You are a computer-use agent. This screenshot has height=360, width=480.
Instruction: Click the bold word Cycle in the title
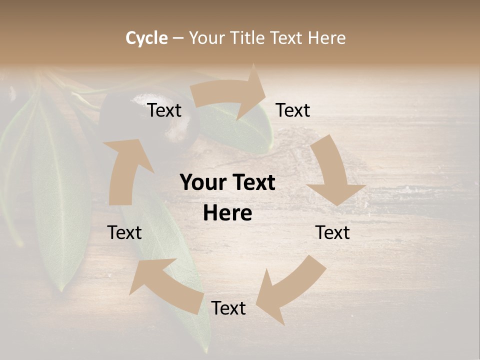click(x=146, y=38)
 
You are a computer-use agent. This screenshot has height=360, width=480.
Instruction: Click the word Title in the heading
click(x=248, y=38)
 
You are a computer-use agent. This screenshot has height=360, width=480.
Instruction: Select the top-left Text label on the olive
click(x=164, y=110)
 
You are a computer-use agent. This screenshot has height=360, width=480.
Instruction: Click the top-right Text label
click(x=293, y=110)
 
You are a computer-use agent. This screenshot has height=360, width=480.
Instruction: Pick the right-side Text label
click(x=332, y=232)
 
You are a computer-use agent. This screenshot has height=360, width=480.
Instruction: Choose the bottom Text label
click(x=228, y=308)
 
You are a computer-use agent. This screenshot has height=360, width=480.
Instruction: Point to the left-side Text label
click(x=124, y=232)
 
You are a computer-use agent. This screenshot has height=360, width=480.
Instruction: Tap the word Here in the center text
click(x=227, y=213)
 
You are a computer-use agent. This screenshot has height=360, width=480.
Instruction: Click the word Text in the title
click(x=287, y=38)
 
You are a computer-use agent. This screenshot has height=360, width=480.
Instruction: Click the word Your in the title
click(x=207, y=38)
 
